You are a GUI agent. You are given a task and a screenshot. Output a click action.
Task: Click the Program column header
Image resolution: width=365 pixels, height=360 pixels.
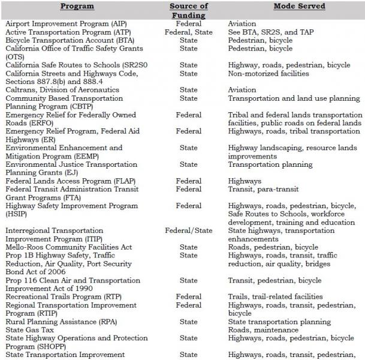(x=78, y=6)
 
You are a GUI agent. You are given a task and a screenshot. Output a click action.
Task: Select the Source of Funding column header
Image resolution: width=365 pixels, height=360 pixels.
(x=188, y=10)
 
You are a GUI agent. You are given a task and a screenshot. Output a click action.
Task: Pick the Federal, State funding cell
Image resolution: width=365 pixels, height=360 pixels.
(x=188, y=32)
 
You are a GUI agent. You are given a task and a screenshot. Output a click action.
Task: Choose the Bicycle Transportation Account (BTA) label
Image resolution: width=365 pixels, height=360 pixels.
(x=70, y=40)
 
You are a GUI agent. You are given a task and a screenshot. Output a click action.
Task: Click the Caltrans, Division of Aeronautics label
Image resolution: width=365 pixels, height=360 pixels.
(x=62, y=89)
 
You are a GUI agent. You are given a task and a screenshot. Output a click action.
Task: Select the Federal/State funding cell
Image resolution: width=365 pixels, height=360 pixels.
(x=188, y=230)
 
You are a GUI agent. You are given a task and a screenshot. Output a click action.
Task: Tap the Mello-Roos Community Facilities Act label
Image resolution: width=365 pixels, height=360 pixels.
(x=69, y=247)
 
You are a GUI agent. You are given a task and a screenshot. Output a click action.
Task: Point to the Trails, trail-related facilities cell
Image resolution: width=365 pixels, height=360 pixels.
(x=275, y=296)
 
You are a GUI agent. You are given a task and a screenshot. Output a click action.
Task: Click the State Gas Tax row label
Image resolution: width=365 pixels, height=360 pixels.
(x=29, y=329)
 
